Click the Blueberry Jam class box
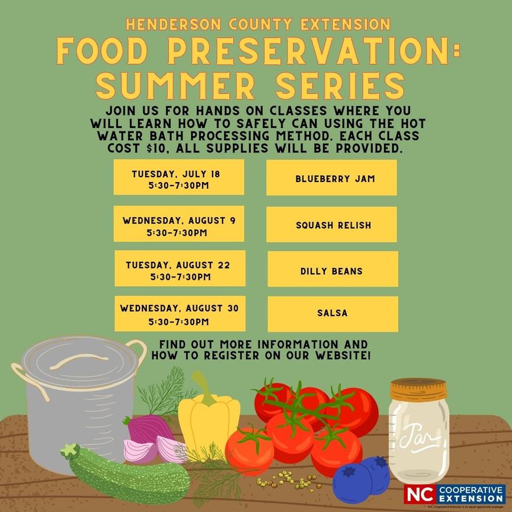click(x=331, y=178)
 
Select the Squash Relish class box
click(x=331, y=225)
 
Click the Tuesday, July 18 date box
click(x=179, y=177)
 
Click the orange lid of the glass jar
click(x=419, y=390)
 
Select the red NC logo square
click(x=420, y=494)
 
